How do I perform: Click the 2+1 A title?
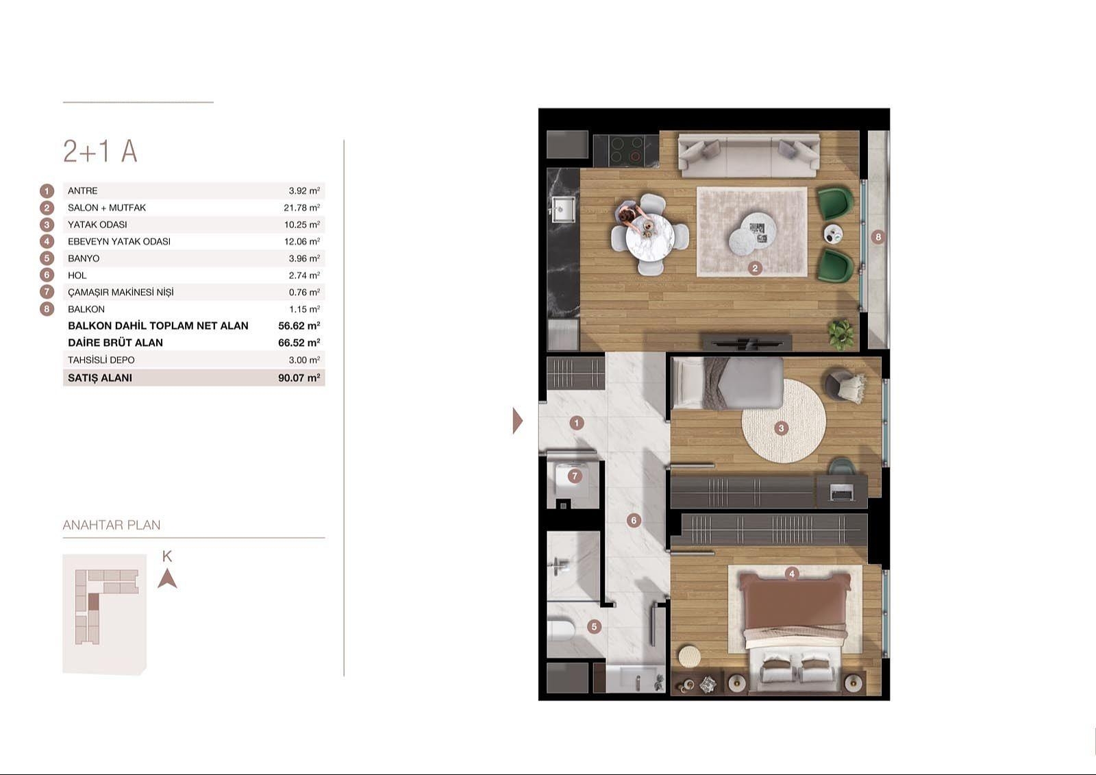[x=100, y=151]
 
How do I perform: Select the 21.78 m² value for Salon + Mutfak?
[x=302, y=208]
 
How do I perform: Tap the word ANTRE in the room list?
[x=83, y=191]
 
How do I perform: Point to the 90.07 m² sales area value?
[x=299, y=378]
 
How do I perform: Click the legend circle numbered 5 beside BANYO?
[x=47, y=258]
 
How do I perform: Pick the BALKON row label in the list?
[x=86, y=310]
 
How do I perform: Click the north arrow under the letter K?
[x=167, y=578]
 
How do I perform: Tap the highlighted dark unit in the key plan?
[x=93, y=602]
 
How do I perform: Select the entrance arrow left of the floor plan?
[x=518, y=421]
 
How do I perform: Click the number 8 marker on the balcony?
[x=878, y=237]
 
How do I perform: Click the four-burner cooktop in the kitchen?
[x=625, y=150]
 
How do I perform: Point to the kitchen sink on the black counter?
[x=564, y=210]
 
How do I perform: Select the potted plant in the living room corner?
[x=841, y=334]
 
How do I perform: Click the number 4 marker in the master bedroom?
[x=792, y=574]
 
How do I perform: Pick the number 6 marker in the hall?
[x=634, y=520]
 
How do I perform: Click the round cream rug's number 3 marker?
[x=781, y=428]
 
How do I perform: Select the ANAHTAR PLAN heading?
[x=112, y=526]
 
